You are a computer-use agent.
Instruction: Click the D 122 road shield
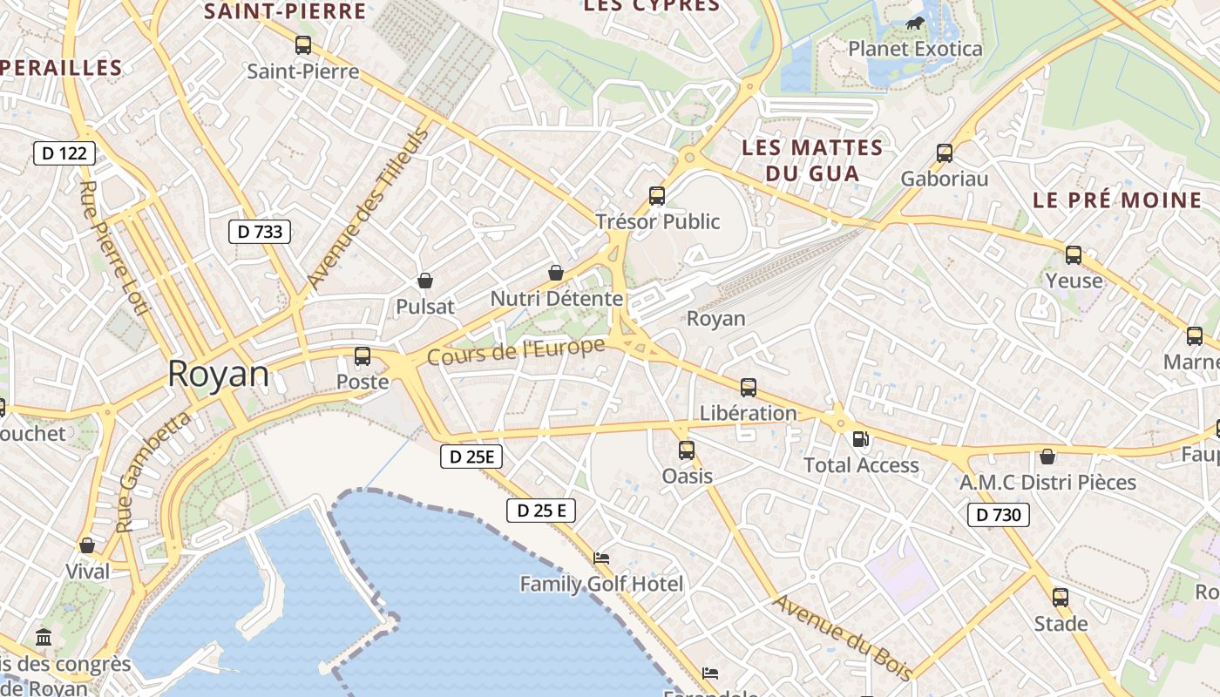[64, 153]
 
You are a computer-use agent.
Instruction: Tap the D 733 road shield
[260, 231]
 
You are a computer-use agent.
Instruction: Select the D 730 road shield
[999, 515]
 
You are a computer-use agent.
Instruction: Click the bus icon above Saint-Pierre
[303, 44]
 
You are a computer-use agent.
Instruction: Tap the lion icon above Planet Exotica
[915, 24]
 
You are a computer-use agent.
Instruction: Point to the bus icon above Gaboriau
[945, 153]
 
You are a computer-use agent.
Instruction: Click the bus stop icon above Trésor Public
[657, 196]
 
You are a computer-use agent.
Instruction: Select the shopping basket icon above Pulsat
[425, 281]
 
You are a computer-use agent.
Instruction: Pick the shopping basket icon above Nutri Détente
[556, 273]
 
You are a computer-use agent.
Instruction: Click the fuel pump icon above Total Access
[860, 439]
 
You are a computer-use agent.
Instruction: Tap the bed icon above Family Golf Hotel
[601, 558]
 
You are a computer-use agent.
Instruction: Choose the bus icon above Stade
[1061, 598]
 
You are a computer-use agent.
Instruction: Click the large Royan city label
[218, 374]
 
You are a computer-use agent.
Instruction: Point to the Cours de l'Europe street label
[516, 352]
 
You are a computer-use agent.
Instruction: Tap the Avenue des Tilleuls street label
[369, 209]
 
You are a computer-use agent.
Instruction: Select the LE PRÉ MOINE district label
[1117, 200]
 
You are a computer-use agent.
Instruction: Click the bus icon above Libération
[748, 388]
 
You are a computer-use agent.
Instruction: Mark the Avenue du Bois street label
[842, 637]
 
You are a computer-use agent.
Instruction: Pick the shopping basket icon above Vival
[87, 545]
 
